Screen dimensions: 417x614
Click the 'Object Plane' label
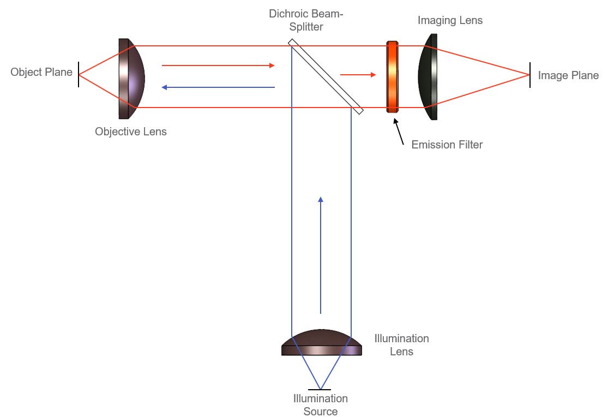pos(41,72)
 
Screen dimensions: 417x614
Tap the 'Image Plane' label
pos(568,75)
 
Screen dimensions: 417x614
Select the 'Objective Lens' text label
pos(131,132)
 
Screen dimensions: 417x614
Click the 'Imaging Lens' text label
pos(450,21)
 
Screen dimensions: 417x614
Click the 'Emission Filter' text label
pos(447,145)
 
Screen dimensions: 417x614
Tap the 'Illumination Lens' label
pos(401,345)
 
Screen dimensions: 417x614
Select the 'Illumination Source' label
pos(321,405)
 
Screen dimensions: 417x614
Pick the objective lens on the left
pos(130,78)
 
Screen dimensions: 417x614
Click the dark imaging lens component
pos(429,76)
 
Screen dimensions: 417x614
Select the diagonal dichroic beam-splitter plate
pos(326,76)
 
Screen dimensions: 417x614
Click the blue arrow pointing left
pos(218,87)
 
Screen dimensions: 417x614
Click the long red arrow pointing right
pos(218,65)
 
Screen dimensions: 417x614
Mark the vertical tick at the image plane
pos(529,75)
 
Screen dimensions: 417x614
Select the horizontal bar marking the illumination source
pos(320,390)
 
